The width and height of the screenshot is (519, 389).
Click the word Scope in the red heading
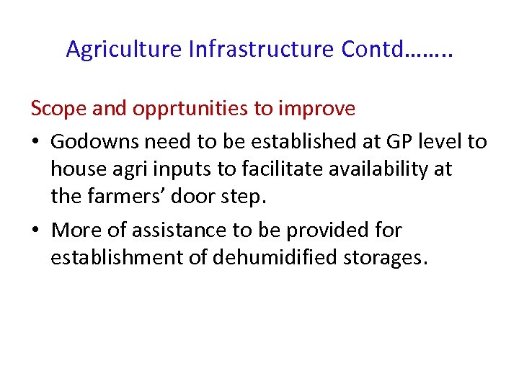pyautogui.click(x=57, y=109)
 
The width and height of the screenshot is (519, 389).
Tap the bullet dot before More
pyautogui.click(x=36, y=231)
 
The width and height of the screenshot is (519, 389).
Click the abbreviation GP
pyautogui.click(x=388, y=141)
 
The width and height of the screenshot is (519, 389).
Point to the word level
pyautogui.click(x=435, y=141)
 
